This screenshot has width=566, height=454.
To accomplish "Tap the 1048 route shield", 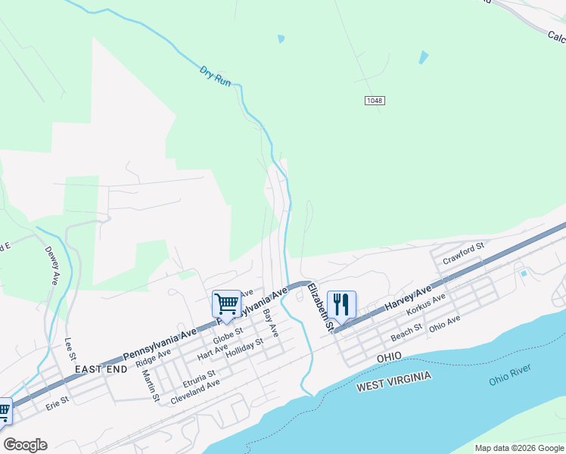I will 374,101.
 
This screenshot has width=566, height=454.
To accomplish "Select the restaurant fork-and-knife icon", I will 341,304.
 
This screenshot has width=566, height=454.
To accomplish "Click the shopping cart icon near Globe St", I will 226,304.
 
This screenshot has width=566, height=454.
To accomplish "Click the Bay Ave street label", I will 270,322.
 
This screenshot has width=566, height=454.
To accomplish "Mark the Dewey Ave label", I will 51,265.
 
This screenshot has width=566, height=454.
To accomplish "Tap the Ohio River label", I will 510,375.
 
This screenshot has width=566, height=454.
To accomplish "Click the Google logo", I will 25,445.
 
